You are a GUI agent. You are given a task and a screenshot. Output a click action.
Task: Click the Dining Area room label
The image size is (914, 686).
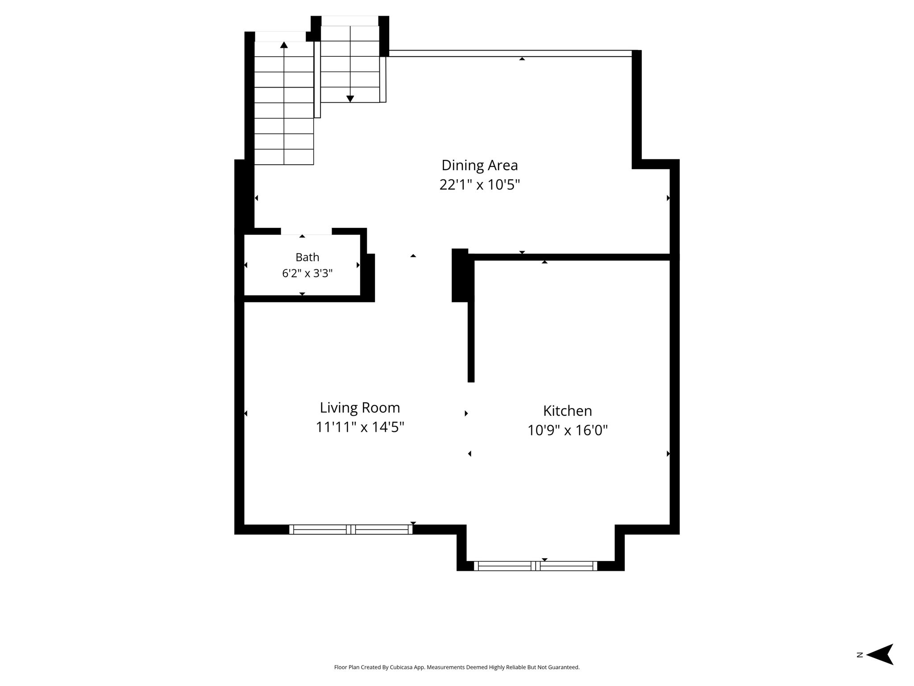point(480,165)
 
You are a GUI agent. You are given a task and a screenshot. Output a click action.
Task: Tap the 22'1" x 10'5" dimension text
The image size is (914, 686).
point(480,184)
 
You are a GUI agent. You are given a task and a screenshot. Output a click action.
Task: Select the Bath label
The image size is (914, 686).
point(307,257)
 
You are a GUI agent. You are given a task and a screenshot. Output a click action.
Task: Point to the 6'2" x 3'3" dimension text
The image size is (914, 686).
point(307,273)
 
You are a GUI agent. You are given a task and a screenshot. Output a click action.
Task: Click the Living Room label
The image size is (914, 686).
point(360,408)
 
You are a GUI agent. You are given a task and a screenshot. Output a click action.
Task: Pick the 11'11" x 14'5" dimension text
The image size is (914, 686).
point(360,427)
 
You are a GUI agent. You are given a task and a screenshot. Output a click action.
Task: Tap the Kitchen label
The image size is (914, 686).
point(568,411)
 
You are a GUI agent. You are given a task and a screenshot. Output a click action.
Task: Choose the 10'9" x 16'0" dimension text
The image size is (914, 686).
point(568,431)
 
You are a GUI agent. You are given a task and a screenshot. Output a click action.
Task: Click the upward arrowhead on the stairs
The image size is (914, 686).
point(284,44)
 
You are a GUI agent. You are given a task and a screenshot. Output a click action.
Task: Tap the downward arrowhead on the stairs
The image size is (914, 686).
point(350,99)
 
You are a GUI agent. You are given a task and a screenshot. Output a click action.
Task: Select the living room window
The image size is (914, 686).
point(351,530)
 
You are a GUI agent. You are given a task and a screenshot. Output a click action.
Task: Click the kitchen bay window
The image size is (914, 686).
point(536,566)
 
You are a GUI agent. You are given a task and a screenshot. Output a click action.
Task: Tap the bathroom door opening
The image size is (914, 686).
point(306,231)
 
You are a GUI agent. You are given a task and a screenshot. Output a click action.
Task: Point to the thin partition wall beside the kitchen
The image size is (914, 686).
point(471,342)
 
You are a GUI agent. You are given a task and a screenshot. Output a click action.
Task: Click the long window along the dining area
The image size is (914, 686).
point(511,54)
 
